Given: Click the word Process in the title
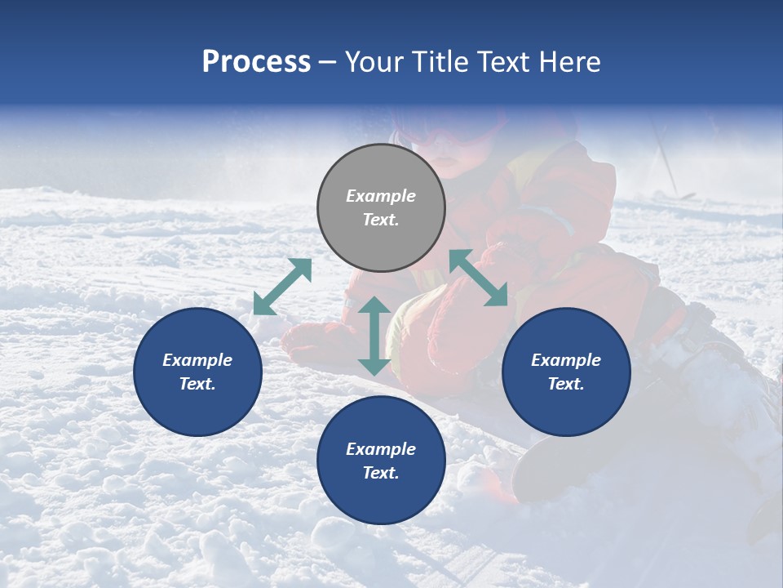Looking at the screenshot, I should pyautogui.click(x=256, y=62).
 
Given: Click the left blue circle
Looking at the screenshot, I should pyautogui.click(x=197, y=372).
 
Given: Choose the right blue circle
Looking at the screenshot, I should pyautogui.click(x=566, y=372).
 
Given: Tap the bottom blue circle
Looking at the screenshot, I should pyautogui.click(x=381, y=461).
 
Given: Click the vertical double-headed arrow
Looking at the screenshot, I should pyautogui.click(x=374, y=336).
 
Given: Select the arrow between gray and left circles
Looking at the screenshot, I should pyautogui.click(x=282, y=287).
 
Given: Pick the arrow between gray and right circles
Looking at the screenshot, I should pyautogui.click(x=479, y=278).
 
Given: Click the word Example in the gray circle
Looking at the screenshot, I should pyautogui.click(x=381, y=196).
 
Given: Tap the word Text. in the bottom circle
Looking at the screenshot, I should pyautogui.click(x=381, y=473).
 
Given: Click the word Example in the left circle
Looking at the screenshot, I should pyautogui.click(x=197, y=360).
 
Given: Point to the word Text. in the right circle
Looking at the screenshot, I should pyautogui.click(x=566, y=384).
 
